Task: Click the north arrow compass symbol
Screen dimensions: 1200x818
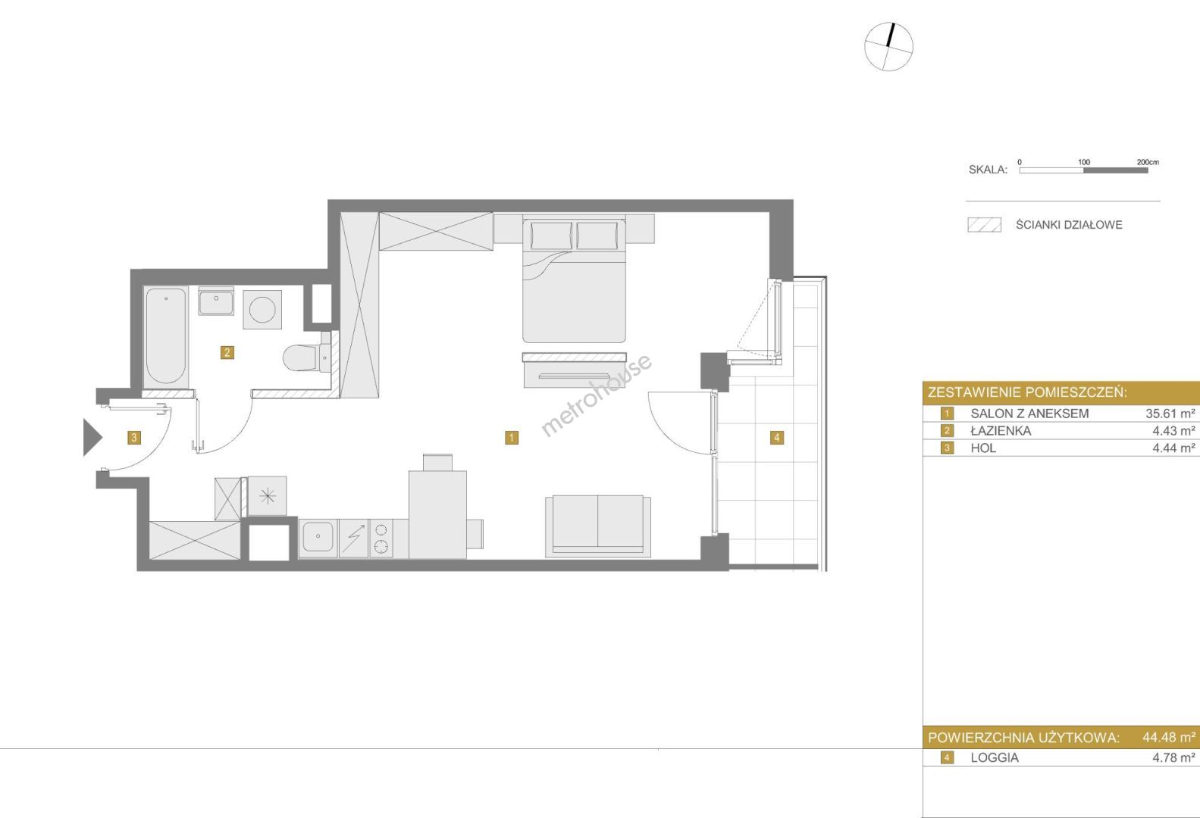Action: (x=888, y=46)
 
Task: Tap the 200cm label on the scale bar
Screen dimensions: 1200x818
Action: (x=1148, y=161)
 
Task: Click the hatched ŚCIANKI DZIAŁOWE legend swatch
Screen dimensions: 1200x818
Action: (x=984, y=225)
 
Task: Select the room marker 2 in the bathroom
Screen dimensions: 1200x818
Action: (x=227, y=352)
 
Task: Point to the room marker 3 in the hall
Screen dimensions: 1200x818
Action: (x=134, y=437)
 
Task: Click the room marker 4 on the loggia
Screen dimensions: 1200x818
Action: (x=777, y=437)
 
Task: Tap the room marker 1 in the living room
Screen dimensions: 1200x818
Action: (x=512, y=437)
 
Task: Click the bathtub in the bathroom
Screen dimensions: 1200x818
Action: (x=165, y=337)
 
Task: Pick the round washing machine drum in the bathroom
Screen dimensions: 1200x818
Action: (x=262, y=310)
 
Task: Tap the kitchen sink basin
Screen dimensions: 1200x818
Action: (x=318, y=537)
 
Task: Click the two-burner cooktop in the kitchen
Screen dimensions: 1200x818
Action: (x=381, y=538)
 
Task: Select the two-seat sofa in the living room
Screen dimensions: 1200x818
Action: (x=598, y=526)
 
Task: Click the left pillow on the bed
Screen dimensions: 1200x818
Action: (x=551, y=236)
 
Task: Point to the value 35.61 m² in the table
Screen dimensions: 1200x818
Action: (x=1170, y=414)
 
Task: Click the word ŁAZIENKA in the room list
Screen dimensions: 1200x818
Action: (x=1001, y=430)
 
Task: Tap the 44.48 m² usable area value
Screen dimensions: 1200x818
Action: (x=1169, y=737)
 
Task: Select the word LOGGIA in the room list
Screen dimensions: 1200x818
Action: (x=995, y=757)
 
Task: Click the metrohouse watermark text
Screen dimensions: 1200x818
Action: (x=597, y=395)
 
